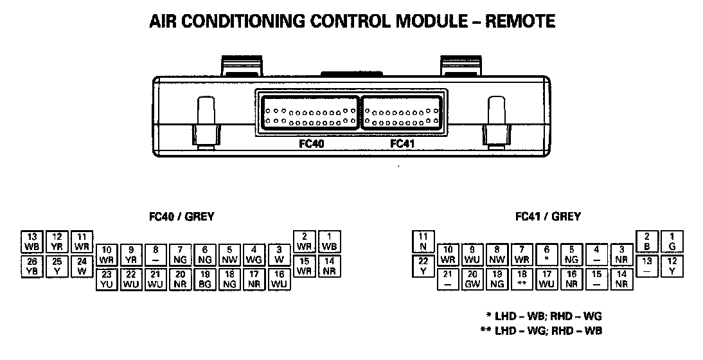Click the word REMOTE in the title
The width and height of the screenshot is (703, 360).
click(520, 21)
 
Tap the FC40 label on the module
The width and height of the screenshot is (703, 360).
click(311, 144)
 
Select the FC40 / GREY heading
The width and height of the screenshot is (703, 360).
click(182, 217)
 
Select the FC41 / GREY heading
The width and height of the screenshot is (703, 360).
click(548, 217)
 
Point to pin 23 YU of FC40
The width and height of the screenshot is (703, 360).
click(107, 279)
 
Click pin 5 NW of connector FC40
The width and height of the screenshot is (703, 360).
click(229, 255)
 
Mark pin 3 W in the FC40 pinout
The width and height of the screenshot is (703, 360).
click(278, 255)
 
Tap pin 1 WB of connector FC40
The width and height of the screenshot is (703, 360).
click(329, 242)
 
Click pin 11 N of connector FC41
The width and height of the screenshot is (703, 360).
click(423, 242)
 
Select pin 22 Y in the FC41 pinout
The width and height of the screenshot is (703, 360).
click(423, 266)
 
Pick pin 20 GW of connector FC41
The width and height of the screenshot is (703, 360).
click(472, 279)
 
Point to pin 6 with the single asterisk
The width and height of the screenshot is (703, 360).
click(546, 255)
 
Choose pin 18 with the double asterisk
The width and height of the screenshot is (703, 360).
click(522, 279)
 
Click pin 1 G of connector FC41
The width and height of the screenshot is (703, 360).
click(672, 242)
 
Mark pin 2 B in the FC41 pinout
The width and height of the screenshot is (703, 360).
click(647, 242)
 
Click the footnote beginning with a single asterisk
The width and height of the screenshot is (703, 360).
click(544, 316)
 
